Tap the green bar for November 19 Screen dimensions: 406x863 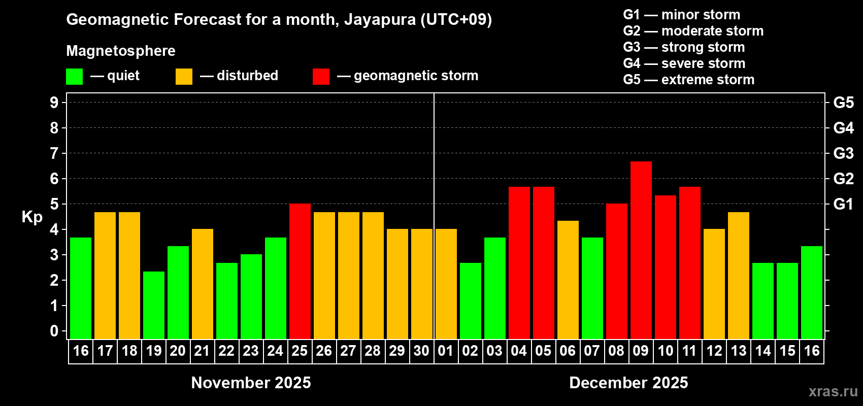point(153,305)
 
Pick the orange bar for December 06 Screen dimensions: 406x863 point(568,280)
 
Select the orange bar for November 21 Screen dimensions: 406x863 point(202,284)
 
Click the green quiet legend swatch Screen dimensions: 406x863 point(74,77)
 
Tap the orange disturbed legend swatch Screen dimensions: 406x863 point(184,77)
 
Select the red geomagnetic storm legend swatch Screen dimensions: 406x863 point(321,77)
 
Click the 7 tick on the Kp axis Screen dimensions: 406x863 point(54,153)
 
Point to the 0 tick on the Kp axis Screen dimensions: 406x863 point(54,331)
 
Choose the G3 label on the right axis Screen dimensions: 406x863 point(843,153)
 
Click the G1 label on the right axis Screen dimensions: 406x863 point(843,204)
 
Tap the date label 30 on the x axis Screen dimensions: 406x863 point(421,351)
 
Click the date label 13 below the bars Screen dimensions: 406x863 point(738,351)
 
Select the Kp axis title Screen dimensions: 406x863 point(32,217)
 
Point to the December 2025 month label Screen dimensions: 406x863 point(628,383)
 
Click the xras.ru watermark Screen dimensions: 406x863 point(833,391)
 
